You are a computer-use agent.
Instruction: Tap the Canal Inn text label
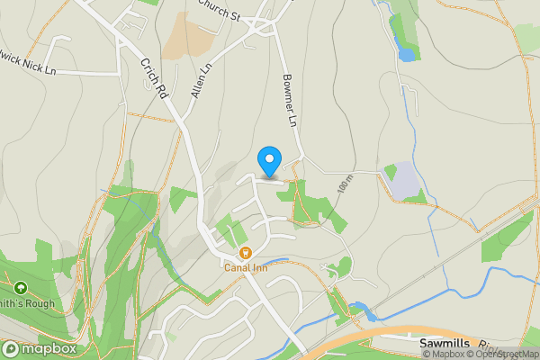click(x=247, y=267)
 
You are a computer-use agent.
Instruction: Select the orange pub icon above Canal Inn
click(x=246, y=254)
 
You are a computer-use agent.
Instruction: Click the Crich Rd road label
click(x=155, y=79)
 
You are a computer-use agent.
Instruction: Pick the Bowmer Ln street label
click(x=290, y=100)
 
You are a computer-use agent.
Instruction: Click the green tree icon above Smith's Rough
click(x=19, y=290)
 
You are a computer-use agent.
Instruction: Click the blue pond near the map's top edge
click(x=407, y=54)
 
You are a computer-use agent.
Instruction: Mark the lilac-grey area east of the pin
click(x=406, y=182)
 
